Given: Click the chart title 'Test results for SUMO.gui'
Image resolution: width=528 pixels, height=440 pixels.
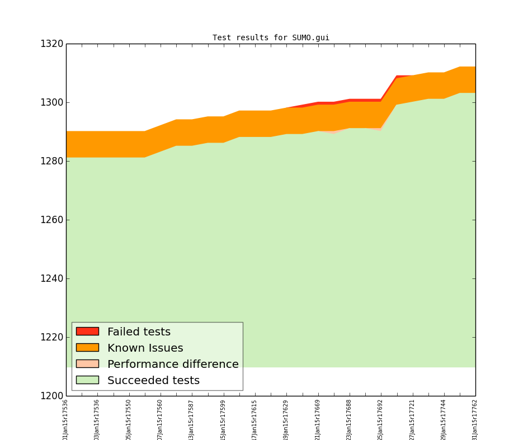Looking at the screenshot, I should [x=271, y=38].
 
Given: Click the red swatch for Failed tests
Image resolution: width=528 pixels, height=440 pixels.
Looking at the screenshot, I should [x=87, y=332].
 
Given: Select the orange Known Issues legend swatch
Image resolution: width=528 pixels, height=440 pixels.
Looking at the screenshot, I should [x=87, y=348].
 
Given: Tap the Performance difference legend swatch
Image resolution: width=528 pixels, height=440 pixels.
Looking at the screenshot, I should [x=87, y=364].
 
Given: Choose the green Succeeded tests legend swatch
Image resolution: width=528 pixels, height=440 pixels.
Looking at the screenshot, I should [x=87, y=380].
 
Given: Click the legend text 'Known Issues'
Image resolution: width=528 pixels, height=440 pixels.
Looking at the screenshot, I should [x=145, y=348].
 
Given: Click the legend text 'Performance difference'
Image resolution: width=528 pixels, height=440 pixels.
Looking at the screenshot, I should [x=173, y=365].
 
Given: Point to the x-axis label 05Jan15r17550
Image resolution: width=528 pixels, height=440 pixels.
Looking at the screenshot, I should [x=129, y=419].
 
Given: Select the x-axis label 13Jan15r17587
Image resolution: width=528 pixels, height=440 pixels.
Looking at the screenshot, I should [x=192, y=419].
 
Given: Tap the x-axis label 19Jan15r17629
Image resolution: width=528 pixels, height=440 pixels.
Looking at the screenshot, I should [x=286, y=419].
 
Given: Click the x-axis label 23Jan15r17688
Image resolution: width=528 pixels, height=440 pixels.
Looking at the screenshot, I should [x=350, y=419].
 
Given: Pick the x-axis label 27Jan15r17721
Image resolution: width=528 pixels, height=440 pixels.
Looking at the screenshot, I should [x=412, y=419].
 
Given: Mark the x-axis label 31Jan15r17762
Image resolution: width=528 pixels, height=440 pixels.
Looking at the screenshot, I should [x=475, y=419].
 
